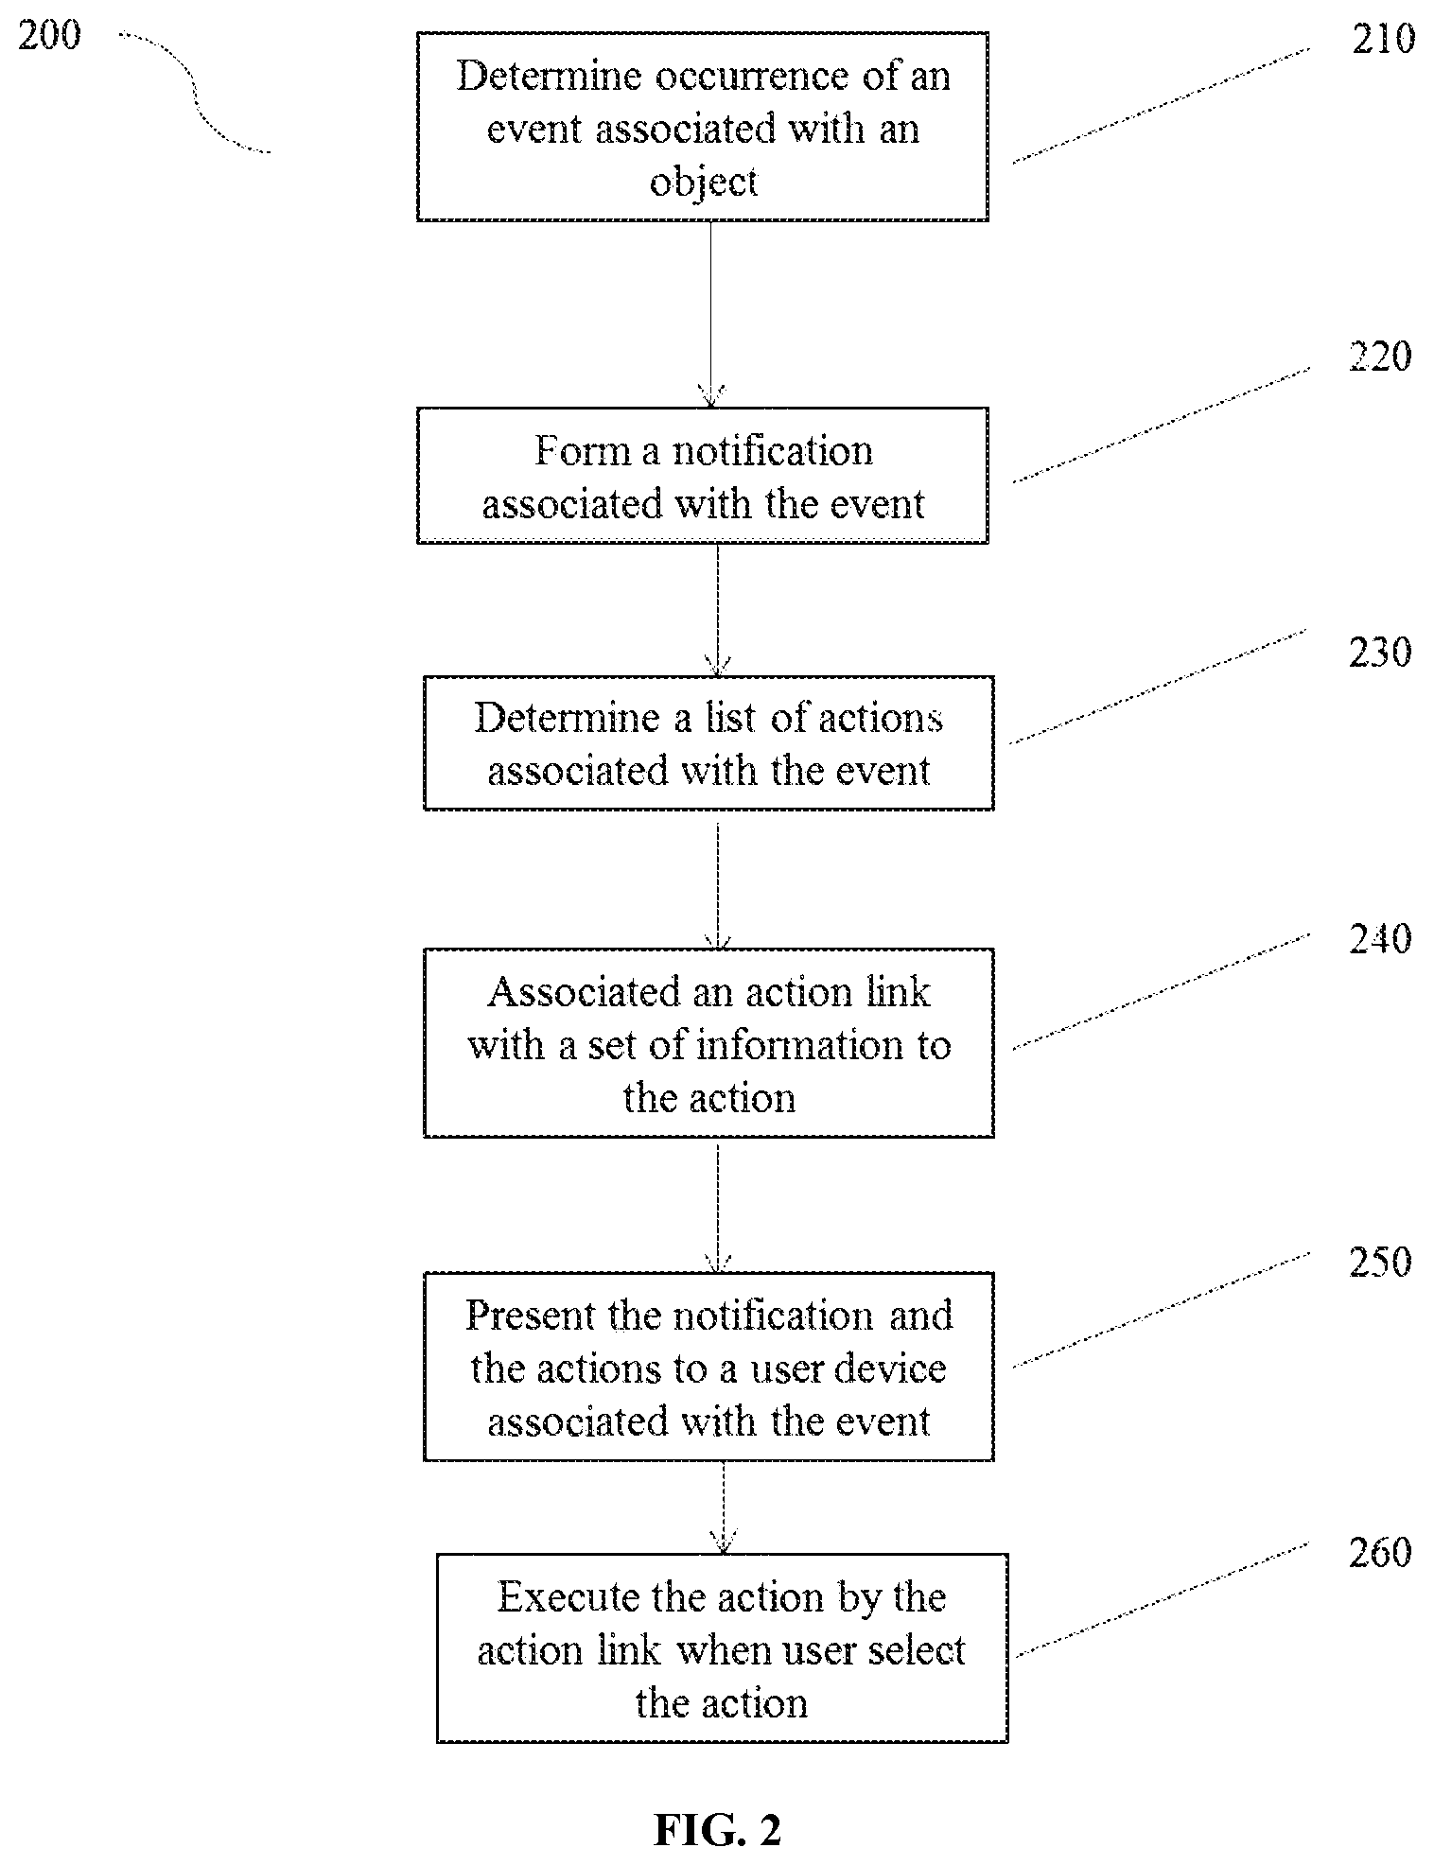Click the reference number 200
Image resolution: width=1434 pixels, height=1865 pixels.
click(x=49, y=36)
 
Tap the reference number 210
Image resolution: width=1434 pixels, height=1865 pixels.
click(x=1383, y=39)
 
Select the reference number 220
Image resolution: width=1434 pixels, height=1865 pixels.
click(x=1380, y=357)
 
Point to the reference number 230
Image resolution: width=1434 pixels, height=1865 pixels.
click(x=1380, y=653)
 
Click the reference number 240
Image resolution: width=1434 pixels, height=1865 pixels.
click(x=1380, y=938)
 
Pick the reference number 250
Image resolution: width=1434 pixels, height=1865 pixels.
click(x=1380, y=1262)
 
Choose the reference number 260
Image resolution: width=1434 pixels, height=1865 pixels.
click(x=1380, y=1552)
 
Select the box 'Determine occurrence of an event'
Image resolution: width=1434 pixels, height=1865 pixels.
click(x=703, y=127)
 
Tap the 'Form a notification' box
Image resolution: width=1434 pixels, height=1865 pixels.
click(x=703, y=475)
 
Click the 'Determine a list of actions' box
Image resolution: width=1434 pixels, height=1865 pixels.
click(x=708, y=742)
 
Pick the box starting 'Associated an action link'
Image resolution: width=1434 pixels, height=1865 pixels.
click(x=708, y=1042)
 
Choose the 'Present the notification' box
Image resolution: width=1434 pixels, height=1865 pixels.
click(x=708, y=1367)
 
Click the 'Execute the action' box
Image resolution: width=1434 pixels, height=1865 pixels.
click(x=722, y=1647)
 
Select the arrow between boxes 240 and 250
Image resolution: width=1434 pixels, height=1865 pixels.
click(x=718, y=1205)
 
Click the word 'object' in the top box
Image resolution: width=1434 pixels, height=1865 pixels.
click(x=703, y=182)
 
